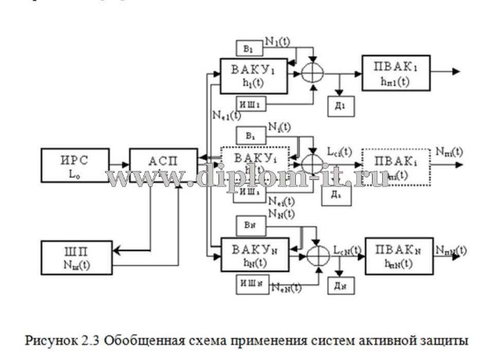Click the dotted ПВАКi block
coord(395,166)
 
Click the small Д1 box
coord(341,104)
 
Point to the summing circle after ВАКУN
coord(315,254)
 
